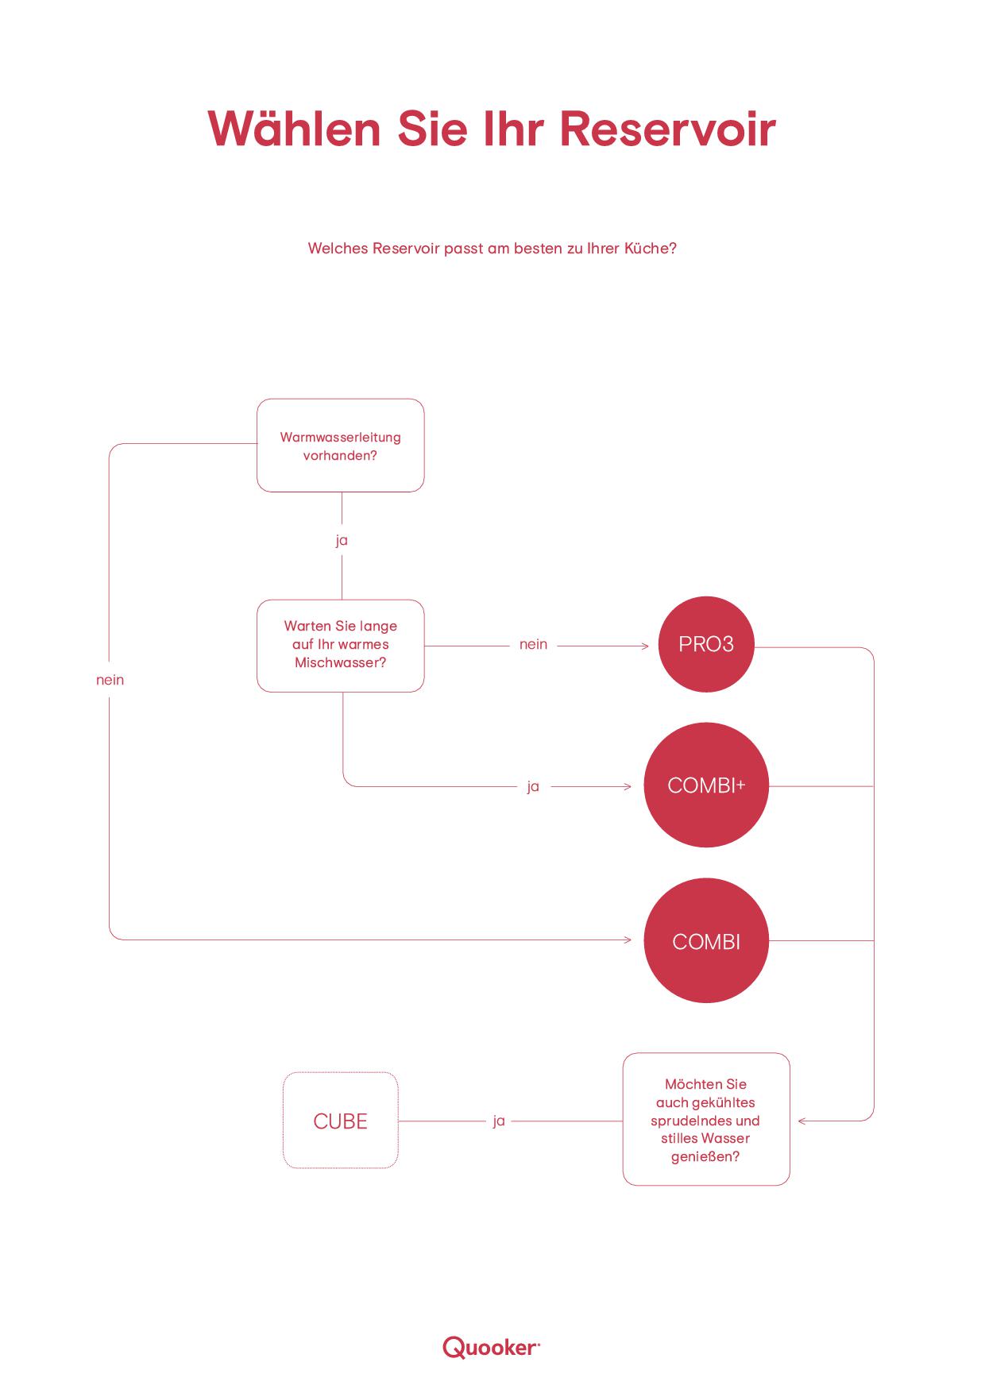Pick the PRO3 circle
[x=706, y=644]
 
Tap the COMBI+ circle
[x=706, y=785]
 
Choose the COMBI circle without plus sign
[x=706, y=941]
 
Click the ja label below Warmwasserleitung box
[x=342, y=541]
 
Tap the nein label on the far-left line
[x=110, y=680]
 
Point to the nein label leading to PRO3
[x=533, y=644]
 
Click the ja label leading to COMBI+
[x=533, y=787]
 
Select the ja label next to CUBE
[x=499, y=1121]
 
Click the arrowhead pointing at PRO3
[x=646, y=646]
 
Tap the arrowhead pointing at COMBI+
[x=628, y=787]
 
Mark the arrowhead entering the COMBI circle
[x=628, y=940]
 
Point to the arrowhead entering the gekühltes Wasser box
[x=802, y=1121]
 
